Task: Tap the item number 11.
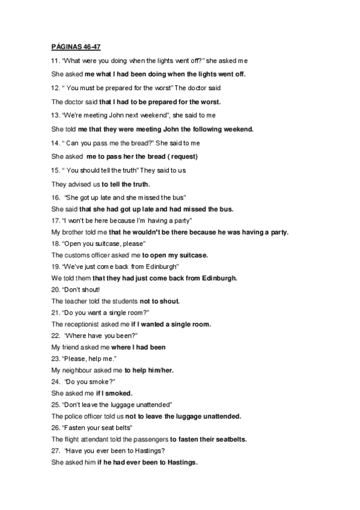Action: [x=55, y=61]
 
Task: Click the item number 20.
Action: [x=55, y=289]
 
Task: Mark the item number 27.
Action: [x=55, y=450]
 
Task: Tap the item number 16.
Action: [x=55, y=197]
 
